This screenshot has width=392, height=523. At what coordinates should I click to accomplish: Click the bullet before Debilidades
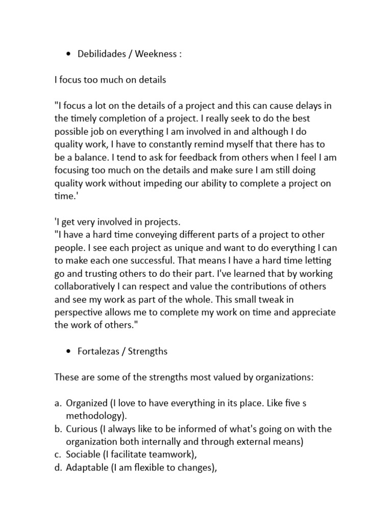(68, 54)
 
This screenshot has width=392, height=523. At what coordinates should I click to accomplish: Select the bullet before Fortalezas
(68, 352)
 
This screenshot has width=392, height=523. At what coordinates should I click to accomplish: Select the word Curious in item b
(81, 429)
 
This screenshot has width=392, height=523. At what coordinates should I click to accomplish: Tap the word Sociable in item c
(83, 455)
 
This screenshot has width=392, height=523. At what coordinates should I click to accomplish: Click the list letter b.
(58, 429)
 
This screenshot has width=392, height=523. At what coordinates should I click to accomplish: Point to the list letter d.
(58, 467)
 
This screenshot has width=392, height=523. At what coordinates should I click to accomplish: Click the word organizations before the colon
(265, 377)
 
